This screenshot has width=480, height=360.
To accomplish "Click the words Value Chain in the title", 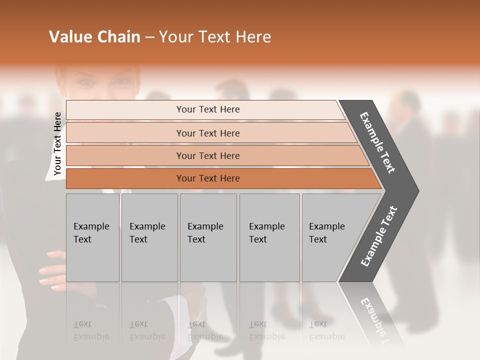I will coord(94,37).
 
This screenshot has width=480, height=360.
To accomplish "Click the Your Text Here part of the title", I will coord(215,37).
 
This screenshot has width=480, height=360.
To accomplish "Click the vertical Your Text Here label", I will coord(57,143).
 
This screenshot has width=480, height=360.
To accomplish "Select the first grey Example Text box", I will coord(92,237).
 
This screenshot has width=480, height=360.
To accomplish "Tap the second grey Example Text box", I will coord(149,237).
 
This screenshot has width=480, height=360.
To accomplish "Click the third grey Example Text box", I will coord(208,237).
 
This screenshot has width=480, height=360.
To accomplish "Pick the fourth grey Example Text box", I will coord(269,237).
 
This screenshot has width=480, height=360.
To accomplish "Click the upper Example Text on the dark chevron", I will coord(377,142).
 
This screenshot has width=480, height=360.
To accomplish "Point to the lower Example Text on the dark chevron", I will coord(379,236).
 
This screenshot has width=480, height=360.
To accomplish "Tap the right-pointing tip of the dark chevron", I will coord(415,191).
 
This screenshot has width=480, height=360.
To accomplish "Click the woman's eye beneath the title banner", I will coord(85,81).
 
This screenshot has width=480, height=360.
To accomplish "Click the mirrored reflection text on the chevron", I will coord(375,317).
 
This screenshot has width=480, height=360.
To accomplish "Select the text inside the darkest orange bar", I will coord(208,178).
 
